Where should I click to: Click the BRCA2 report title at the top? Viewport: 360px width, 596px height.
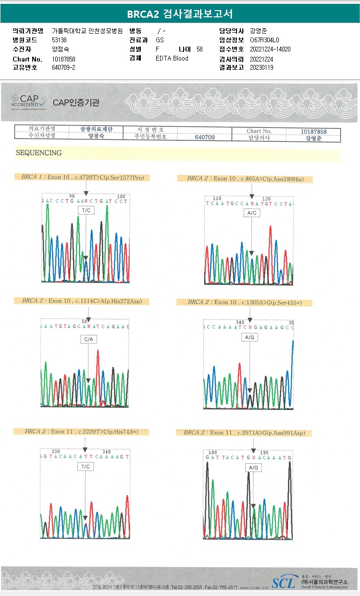click(180, 14)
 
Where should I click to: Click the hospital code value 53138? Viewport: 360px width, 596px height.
click(60, 40)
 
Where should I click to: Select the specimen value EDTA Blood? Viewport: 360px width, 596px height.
click(172, 58)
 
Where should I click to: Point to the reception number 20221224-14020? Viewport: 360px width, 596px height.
click(270, 49)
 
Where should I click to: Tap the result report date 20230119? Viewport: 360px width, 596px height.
click(261, 67)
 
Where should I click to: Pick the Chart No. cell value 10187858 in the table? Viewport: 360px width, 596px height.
click(313, 131)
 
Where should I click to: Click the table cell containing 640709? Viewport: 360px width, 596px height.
click(205, 137)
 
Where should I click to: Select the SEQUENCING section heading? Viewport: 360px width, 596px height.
click(39, 153)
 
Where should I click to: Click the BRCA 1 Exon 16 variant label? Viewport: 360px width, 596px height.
click(82, 177)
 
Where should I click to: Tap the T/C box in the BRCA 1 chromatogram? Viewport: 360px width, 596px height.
click(86, 211)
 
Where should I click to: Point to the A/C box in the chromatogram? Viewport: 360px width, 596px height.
click(251, 212)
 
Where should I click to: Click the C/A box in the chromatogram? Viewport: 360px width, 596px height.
click(89, 339)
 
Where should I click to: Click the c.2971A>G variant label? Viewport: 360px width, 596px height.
click(244, 433)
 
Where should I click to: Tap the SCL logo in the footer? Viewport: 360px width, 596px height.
click(284, 583)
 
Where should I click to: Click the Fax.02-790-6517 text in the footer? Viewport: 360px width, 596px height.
click(221, 587)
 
